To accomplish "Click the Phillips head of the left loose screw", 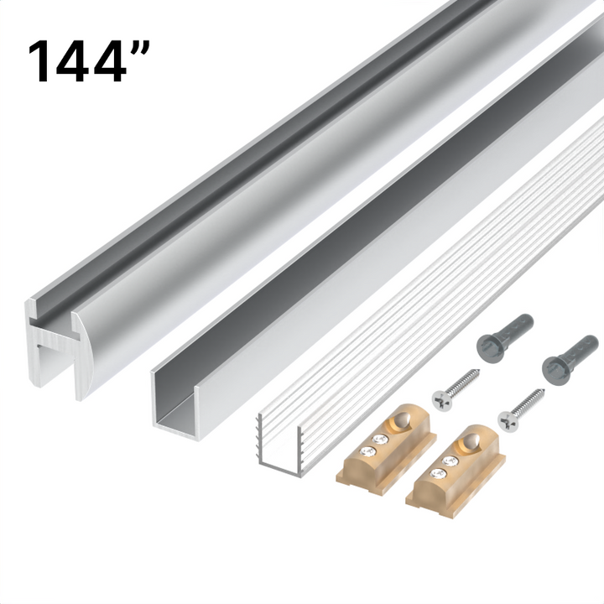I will click(441, 398).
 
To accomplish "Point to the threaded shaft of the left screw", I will click(464, 383).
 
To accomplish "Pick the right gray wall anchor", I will click(570, 355).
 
